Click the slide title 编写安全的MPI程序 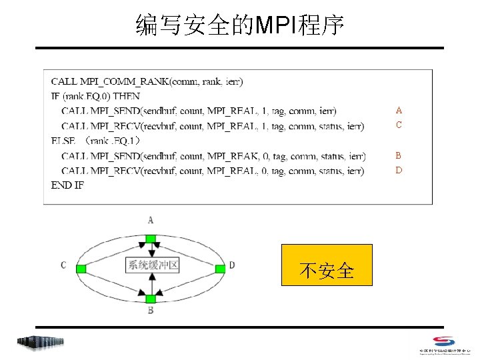click(240, 25)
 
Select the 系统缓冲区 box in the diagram click(153, 265)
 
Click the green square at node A click(151, 239)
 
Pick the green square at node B click(151, 299)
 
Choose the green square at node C click(81, 269)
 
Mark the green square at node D click(219, 269)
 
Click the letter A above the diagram click(151, 220)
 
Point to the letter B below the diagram click(151, 311)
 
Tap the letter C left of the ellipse click(63, 265)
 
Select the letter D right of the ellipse click(231, 265)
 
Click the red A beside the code click(399, 110)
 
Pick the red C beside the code click(399, 125)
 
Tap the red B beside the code click(399, 155)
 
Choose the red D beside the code click(399, 170)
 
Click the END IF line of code click(67, 185)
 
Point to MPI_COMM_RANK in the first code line click(123, 82)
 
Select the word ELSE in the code click(63, 141)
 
